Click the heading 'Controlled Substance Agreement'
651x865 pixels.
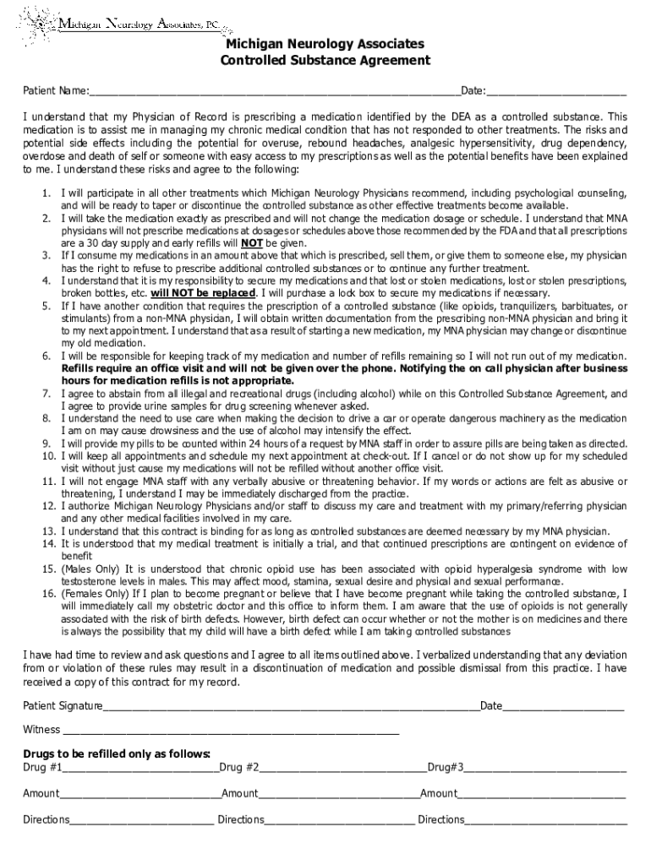pos(325,61)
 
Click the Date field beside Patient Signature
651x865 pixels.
pos(563,706)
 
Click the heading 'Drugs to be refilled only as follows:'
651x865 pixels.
pos(117,753)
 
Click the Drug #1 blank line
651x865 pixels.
pos(139,768)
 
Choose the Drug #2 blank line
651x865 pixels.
pos(342,768)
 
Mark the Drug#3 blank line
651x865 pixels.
pos(545,768)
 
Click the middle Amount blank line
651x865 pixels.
pos(339,794)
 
